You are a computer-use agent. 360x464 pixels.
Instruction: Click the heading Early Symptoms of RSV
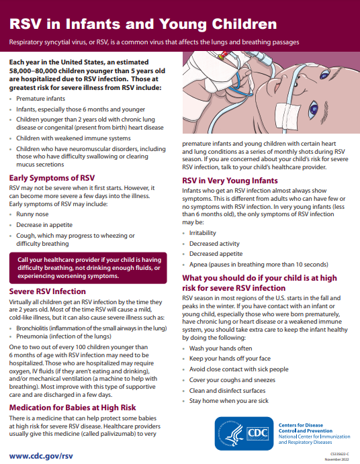click(x=51, y=177)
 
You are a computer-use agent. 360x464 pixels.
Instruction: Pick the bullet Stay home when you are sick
click(x=228, y=400)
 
